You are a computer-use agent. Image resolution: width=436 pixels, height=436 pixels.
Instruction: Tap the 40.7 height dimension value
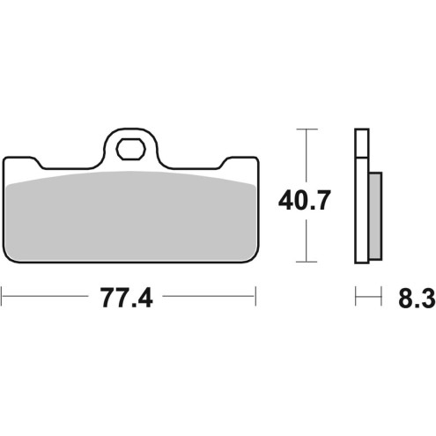(x=305, y=202)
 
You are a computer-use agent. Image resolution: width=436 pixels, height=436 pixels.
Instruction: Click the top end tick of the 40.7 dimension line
(x=305, y=129)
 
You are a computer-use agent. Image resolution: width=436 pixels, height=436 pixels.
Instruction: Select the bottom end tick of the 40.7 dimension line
(x=305, y=262)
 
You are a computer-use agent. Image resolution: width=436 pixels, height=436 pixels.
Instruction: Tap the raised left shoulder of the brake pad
(x=22, y=162)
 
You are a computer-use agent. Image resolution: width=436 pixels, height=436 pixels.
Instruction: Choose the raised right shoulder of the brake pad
(x=240, y=162)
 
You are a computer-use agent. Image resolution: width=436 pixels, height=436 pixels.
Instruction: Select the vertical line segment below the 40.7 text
(x=305, y=240)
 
